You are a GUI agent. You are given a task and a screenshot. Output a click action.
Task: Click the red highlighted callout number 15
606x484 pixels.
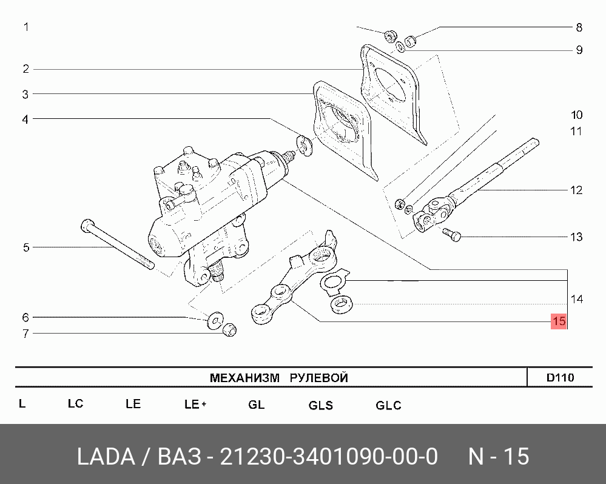pos(559,321)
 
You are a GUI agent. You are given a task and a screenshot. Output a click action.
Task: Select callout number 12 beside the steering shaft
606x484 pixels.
pos(576,190)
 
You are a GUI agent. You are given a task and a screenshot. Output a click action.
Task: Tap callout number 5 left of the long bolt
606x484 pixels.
pos(26,247)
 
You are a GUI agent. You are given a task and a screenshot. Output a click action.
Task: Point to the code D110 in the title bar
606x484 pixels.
pos(560,377)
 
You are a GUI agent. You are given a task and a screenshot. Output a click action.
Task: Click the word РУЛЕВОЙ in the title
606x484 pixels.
pos(319,378)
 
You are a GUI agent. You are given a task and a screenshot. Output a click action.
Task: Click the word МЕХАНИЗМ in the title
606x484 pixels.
pos(244,378)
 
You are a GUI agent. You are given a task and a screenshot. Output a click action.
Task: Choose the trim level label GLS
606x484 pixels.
pos(320,405)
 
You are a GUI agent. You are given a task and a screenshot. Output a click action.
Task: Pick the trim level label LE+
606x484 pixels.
pos(195,404)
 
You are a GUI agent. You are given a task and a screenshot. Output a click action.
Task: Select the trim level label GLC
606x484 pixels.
pos(388,405)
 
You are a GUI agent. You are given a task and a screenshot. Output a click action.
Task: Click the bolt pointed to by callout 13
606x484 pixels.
pos(452,234)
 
